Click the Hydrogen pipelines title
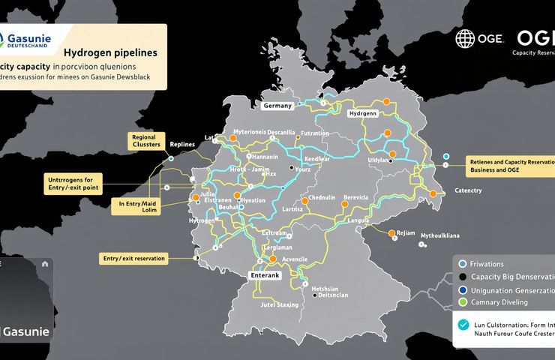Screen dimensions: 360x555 (x=110, y=53)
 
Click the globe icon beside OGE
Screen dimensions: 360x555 (x=465, y=39)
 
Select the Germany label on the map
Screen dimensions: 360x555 (x=277, y=106)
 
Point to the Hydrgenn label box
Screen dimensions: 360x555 (x=363, y=113)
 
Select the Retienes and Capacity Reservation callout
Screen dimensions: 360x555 (x=508, y=166)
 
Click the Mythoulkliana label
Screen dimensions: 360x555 (x=440, y=235)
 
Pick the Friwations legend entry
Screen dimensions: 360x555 (x=486, y=264)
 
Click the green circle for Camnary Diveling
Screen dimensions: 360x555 (x=463, y=302)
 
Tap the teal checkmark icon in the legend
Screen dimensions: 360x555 (x=463, y=325)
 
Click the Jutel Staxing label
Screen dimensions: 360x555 (x=280, y=305)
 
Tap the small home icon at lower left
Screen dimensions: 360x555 (x=45, y=263)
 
